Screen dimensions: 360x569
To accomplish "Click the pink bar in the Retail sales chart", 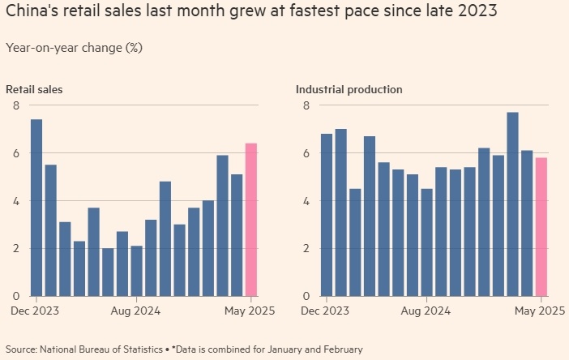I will (x=251, y=219).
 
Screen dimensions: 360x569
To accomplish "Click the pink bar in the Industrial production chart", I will (x=541, y=226).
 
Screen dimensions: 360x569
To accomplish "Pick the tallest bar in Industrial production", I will (x=512, y=204).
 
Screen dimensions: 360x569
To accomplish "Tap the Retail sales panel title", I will (x=34, y=89).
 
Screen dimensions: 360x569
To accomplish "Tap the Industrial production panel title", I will (x=349, y=89).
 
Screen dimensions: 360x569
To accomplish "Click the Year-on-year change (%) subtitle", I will (x=74, y=47).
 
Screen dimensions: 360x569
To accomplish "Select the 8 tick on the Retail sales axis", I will (x=15, y=105).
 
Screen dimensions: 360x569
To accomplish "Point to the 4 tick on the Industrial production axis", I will (x=306, y=200).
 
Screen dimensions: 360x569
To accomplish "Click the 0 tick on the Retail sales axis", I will (x=15, y=295).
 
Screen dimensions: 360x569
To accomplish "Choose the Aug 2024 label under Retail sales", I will (x=135, y=311).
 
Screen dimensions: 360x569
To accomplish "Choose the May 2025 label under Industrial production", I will (x=540, y=311).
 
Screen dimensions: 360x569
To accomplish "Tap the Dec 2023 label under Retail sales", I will (x=34, y=311).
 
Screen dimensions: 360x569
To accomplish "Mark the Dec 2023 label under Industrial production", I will (x=323, y=311).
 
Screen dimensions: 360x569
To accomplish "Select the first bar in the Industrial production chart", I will (x=327, y=214).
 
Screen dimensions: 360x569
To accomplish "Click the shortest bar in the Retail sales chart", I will (x=108, y=272).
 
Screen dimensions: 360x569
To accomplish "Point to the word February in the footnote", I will (x=341, y=349).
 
